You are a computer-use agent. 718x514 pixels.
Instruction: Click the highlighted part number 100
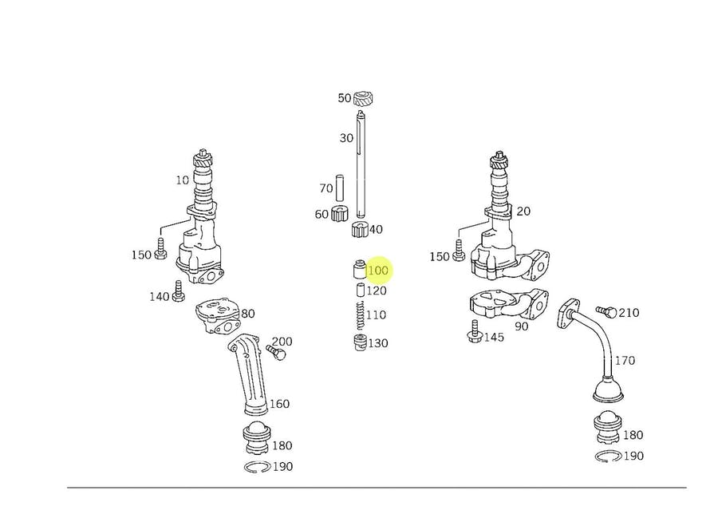point(378,271)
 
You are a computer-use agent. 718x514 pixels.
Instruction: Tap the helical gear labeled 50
point(365,98)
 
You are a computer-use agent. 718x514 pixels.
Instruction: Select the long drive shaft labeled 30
point(361,164)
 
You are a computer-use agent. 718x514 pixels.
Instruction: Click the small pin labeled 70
point(340,187)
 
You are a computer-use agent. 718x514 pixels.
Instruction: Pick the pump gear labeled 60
point(340,213)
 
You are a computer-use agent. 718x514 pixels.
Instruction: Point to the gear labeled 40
point(360,228)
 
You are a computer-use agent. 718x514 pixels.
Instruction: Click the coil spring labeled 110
point(361,315)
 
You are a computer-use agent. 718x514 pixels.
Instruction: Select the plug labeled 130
point(361,342)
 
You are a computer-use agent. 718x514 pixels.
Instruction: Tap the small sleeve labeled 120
point(361,290)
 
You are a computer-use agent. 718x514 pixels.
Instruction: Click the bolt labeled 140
point(178,291)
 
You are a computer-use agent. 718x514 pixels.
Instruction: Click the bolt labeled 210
point(607,311)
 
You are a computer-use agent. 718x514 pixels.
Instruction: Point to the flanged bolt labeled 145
point(474,331)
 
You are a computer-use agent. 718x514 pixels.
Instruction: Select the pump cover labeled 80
point(218,316)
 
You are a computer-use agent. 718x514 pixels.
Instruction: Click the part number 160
point(279,404)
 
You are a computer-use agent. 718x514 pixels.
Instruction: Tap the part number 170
point(625,361)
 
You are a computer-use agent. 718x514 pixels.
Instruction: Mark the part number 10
point(182,180)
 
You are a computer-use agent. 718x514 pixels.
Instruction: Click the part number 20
point(523,212)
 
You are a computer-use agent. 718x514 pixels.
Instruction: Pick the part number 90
point(521,326)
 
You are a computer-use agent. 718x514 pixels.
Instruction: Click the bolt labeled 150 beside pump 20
point(459,250)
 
